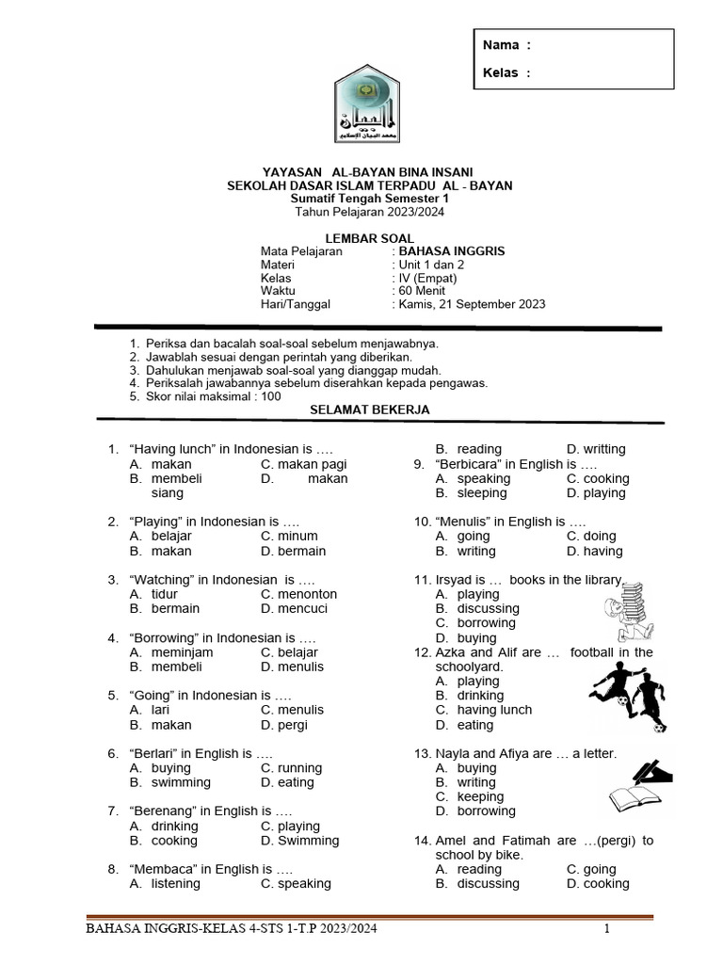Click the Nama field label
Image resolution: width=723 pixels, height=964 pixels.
click(501, 44)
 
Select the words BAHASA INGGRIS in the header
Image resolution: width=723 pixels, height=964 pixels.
click(452, 251)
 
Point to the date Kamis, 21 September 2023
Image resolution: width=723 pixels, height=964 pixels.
click(472, 304)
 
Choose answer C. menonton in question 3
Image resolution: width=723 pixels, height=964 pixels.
click(298, 594)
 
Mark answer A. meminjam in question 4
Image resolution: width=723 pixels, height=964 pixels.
click(171, 652)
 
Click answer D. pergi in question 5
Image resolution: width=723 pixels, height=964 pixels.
click(284, 725)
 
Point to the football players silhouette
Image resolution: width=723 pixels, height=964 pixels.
click(627, 697)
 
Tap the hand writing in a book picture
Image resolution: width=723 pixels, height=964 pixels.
click(639, 786)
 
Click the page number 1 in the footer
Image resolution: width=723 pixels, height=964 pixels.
click(607, 930)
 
